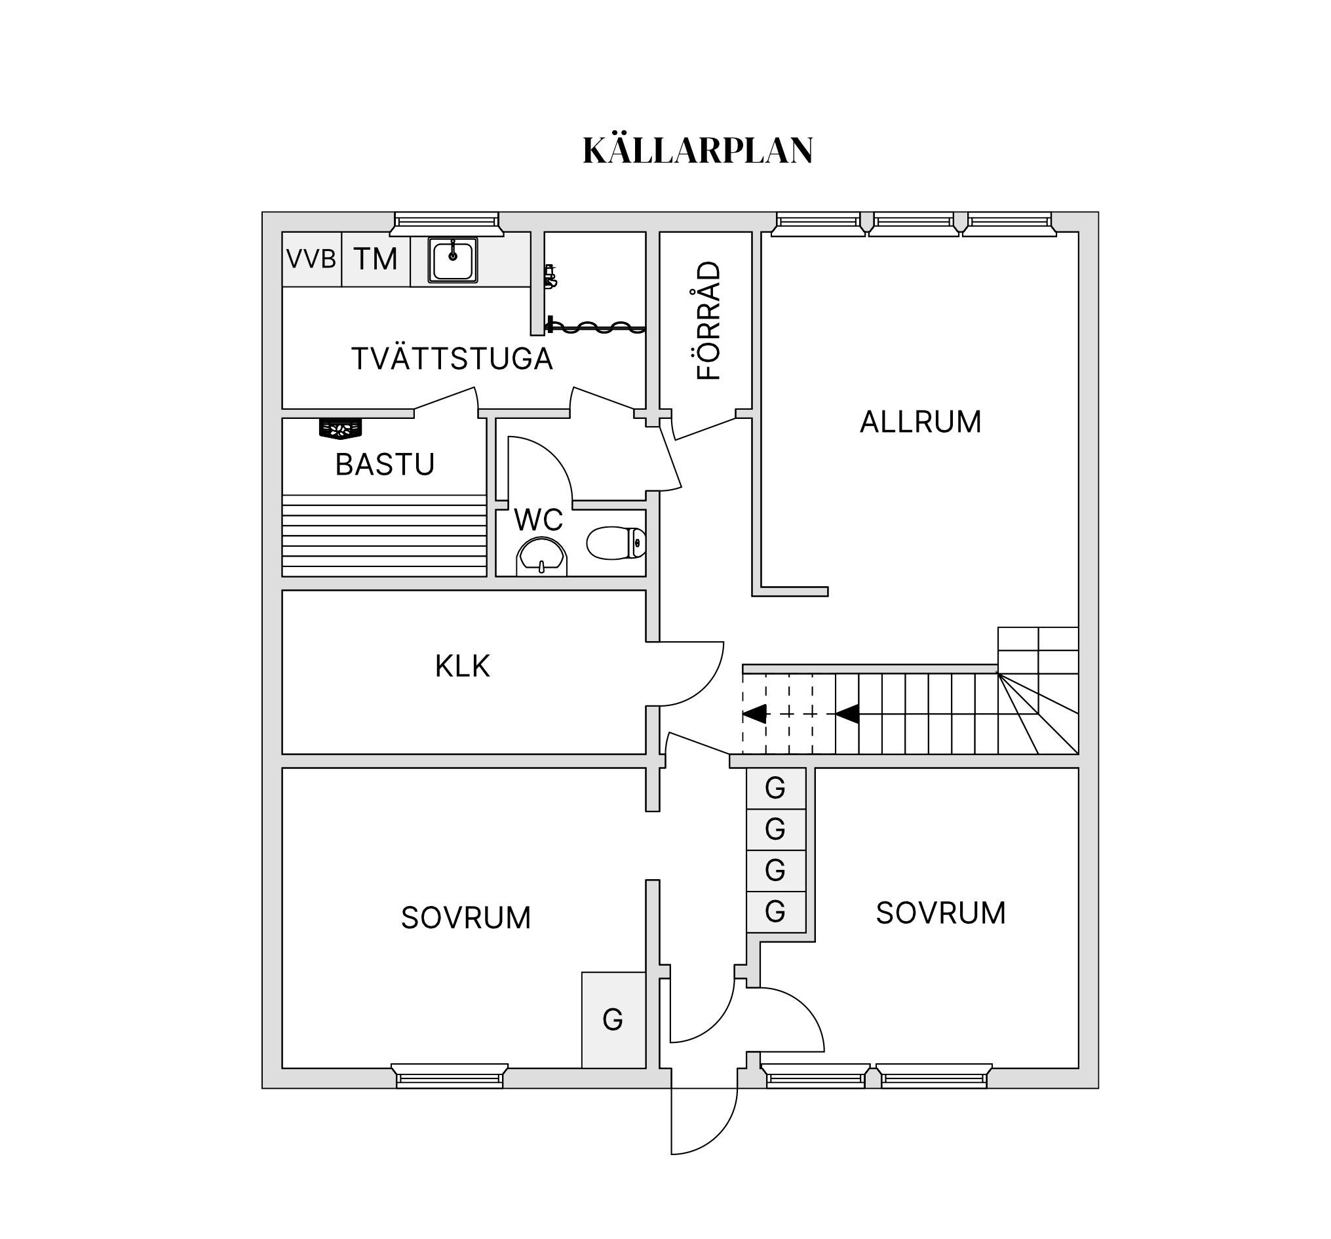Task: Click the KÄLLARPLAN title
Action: click(x=698, y=151)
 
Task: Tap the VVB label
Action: click(x=311, y=258)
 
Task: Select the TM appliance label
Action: click(x=376, y=259)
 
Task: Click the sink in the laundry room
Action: click(x=453, y=260)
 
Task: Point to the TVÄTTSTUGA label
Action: click(x=452, y=359)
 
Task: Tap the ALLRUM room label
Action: click(x=920, y=422)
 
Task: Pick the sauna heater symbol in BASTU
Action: click(x=340, y=428)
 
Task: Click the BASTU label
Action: click(x=384, y=465)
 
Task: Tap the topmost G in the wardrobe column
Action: click(x=775, y=788)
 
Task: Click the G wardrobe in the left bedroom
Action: click(x=613, y=1019)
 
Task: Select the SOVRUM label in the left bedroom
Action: click(x=465, y=918)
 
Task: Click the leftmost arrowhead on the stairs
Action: click(x=754, y=714)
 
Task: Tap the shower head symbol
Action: click(x=550, y=276)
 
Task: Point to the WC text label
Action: click(x=538, y=521)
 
